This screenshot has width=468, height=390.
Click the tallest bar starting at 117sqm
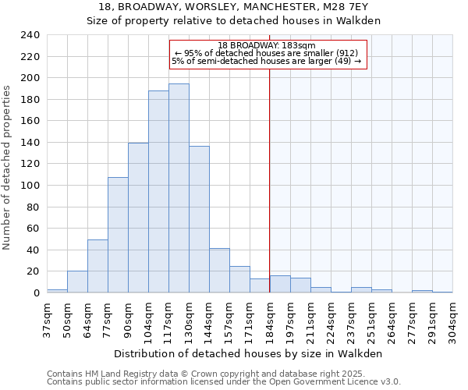[x=179, y=188]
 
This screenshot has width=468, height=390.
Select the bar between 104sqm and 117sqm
[x=158, y=191]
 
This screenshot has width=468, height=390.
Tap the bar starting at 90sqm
[x=138, y=218]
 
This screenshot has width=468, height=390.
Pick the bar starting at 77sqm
[x=118, y=235]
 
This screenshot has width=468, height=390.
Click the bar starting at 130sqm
[x=199, y=219]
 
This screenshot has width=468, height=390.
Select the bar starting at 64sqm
[x=97, y=266]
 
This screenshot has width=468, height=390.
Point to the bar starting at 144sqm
[x=219, y=271]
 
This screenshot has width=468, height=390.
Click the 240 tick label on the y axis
[x=30, y=35]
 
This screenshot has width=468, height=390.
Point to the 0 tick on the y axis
[x=36, y=292]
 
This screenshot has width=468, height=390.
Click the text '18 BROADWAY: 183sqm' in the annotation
[x=266, y=45]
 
